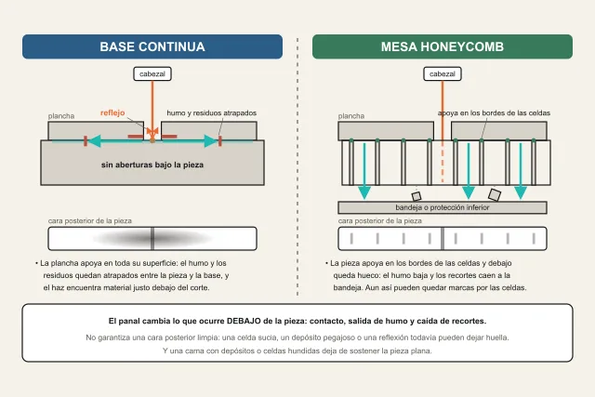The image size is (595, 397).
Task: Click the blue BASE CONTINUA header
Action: click(152, 46)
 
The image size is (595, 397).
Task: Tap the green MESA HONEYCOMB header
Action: click(443, 46)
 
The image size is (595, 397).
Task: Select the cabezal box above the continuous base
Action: click(152, 73)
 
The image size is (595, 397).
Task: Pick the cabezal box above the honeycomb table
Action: click(443, 73)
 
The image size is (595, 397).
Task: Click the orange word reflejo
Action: click(112, 112)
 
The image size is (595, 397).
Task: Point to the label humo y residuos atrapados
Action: click(211, 113)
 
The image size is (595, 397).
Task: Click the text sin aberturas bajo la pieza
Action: click(152, 165)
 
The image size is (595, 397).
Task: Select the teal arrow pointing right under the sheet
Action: click(185, 140)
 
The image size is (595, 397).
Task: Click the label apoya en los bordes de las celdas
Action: click(494, 113)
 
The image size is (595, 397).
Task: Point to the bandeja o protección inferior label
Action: click(443, 207)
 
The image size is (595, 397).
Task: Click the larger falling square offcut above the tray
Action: click(495, 194)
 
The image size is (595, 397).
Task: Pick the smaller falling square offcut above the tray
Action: click(416, 196)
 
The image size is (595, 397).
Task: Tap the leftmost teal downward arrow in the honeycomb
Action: click(364, 171)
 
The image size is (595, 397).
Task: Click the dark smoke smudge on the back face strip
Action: click(152, 238)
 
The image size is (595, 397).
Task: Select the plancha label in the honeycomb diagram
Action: click(351, 116)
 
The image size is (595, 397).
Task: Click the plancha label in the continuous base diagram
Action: click(61, 116)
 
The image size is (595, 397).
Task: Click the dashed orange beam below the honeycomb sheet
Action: click(443, 164)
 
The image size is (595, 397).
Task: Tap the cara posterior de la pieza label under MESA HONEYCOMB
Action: click(380, 221)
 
